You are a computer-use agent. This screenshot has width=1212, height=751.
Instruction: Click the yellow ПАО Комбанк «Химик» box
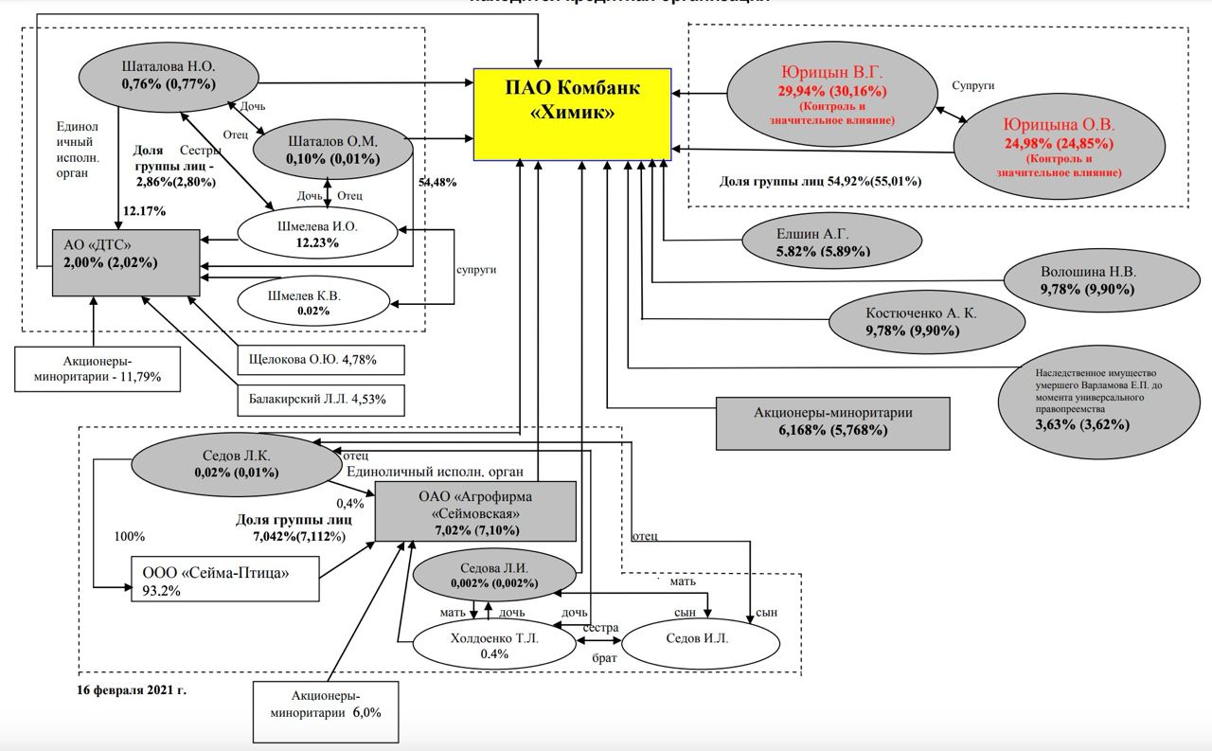click(572, 114)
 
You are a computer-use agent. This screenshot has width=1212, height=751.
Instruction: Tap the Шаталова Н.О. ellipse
click(169, 76)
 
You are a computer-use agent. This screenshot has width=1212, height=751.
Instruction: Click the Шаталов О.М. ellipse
click(332, 150)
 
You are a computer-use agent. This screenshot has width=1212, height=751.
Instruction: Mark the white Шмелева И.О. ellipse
click(317, 234)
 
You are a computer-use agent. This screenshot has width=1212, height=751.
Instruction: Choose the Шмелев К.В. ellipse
click(313, 302)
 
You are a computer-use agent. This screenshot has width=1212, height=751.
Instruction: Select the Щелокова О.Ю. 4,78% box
click(321, 360)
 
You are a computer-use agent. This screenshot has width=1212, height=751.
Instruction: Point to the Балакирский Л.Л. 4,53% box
click(321, 399)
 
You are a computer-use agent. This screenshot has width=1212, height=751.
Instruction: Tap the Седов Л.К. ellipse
click(237, 463)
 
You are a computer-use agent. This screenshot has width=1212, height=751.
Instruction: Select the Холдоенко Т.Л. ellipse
click(495, 645)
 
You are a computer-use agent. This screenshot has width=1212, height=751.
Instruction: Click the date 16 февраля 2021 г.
click(132, 689)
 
